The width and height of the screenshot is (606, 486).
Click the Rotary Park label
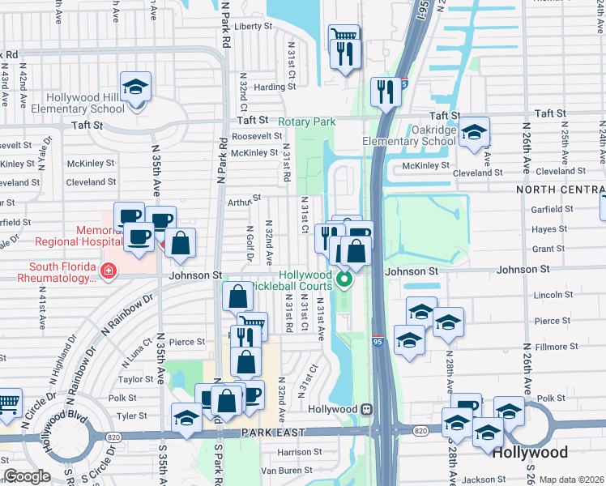pyautogui.click(x=307, y=122)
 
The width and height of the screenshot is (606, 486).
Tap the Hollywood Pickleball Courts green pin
pyautogui.click(x=344, y=281)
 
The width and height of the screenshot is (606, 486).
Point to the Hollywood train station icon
pyautogui.click(x=367, y=409)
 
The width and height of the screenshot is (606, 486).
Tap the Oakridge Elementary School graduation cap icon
pyautogui.click(x=474, y=132)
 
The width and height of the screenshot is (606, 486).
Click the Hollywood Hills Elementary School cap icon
pyautogui.click(x=135, y=85)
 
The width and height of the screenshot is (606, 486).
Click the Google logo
pyautogui.click(x=27, y=476)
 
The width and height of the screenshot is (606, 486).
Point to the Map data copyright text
pyautogui.click(x=571, y=480)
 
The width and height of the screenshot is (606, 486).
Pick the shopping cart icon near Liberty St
pyautogui.click(x=343, y=36)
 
